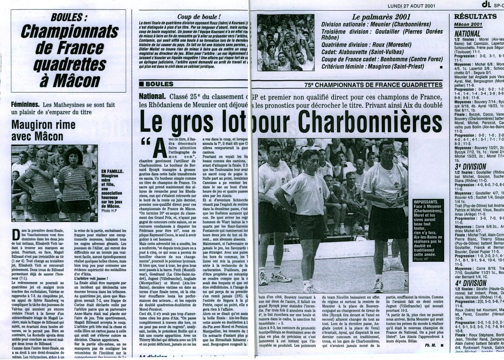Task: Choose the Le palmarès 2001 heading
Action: tap(349, 17)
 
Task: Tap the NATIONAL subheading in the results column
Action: tap(467, 34)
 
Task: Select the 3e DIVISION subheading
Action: tap(470, 166)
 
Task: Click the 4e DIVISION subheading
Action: tap(470, 283)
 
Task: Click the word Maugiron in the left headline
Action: tap(34, 125)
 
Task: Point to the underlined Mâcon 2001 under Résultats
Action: tap(469, 24)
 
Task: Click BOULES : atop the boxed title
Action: tap(69, 17)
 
